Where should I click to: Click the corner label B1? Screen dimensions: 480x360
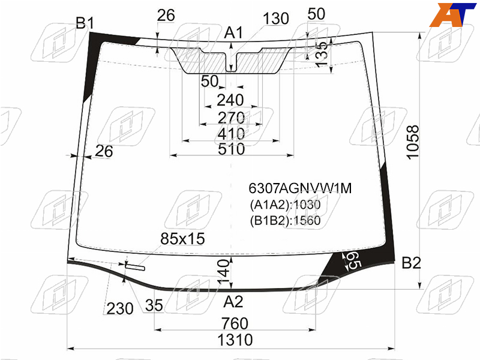click(85, 23)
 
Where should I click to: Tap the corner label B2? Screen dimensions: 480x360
click(411, 263)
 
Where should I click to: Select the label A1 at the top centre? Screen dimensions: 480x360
click(233, 32)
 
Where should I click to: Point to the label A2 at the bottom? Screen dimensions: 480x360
click(233, 302)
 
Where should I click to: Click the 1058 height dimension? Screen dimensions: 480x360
click(413, 142)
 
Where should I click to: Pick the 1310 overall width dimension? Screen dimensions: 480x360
click(235, 340)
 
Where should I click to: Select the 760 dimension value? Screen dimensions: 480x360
click(235, 323)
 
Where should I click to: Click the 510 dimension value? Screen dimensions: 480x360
click(232, 149)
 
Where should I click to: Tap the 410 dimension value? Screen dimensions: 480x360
click(232, 134)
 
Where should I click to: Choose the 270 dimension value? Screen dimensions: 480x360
click(232, 118)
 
